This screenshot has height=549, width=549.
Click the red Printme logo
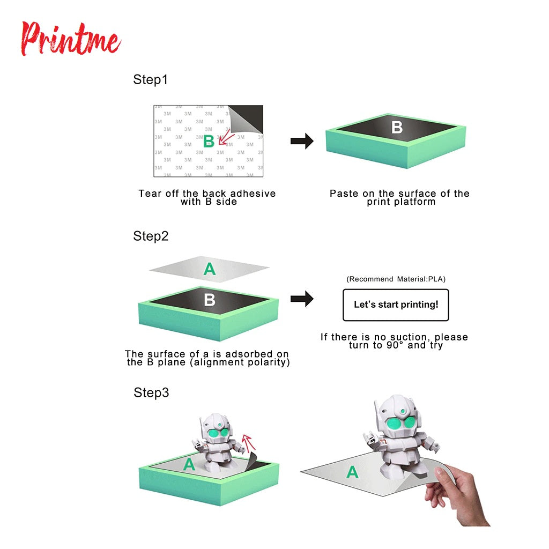[71, 39]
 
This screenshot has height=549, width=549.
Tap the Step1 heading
[150, 79]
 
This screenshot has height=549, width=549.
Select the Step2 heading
[151, 236]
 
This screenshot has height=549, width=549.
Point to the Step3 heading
[151, 392]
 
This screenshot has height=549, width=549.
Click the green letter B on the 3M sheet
[209, 142]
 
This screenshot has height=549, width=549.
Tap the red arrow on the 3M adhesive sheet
[226, 137]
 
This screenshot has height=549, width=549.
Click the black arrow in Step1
[302, 141]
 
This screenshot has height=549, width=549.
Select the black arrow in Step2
[302, 299]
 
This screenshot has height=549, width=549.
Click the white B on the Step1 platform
[397, 128]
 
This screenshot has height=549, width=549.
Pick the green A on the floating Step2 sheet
[210, 269]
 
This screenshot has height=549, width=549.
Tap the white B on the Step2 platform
[210, 300]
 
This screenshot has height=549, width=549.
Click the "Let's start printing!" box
[396, 305]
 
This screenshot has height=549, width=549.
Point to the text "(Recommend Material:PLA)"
[396, 279]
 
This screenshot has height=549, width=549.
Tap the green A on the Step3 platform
[189, 464]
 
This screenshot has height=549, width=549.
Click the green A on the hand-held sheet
[352, 472]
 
